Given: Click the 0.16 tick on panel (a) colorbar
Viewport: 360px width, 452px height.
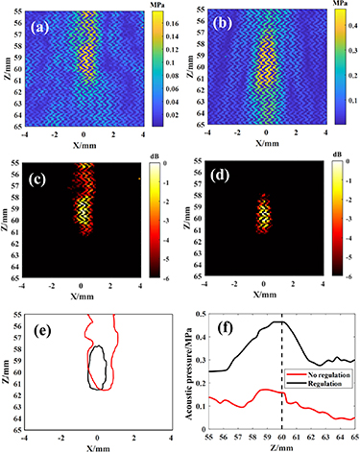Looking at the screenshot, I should click(x=167, y=18).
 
